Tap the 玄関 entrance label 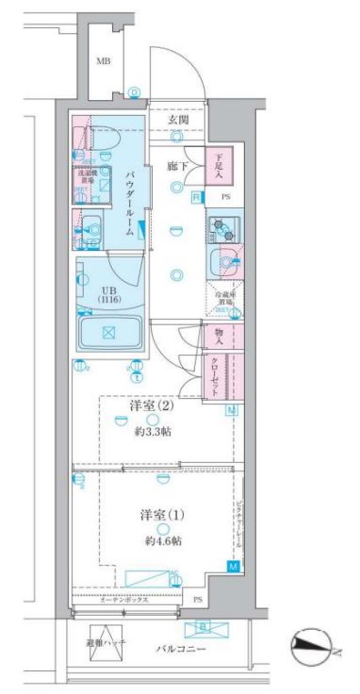tap(179, 121)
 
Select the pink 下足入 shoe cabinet tap(219, 166)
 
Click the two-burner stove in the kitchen tap(223, 228)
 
